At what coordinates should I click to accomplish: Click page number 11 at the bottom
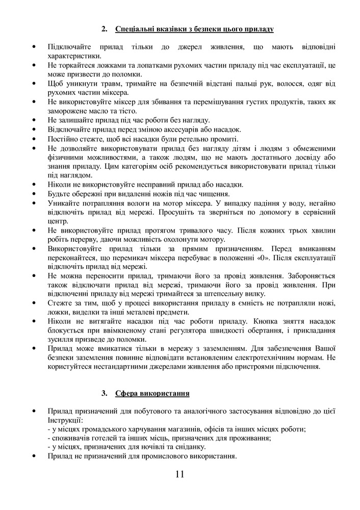[179, 474]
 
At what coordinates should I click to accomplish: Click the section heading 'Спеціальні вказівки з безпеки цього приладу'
[195, 29]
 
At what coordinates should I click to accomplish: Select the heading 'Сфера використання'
[152, 393]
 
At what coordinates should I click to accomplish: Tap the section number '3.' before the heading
[105, 393]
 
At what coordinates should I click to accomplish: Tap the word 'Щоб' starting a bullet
[55, 84]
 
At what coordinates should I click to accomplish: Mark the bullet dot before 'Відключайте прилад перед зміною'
[34, 130]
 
